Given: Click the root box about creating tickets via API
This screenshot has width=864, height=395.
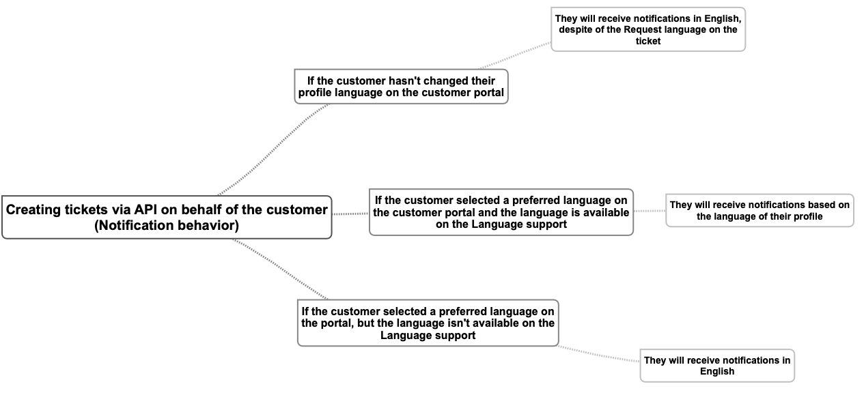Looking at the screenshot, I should (x=167, y=217).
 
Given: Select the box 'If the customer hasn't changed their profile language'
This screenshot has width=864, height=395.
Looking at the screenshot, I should (x=401, y=86).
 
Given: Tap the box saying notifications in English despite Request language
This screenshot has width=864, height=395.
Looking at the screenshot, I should (x=647, y=29).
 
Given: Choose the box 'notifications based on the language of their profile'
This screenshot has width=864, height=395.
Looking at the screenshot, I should (x=759, y=210).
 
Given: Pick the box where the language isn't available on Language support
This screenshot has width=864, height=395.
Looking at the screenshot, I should (x=428, y=323).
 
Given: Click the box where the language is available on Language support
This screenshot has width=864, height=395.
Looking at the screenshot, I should (x=501, y=212).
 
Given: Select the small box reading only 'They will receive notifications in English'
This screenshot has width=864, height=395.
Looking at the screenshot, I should (x=716, y=365).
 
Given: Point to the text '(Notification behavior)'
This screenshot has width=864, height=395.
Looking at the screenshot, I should (x=167, y=225).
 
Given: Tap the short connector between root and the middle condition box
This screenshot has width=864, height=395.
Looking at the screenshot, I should (x=350, y=214).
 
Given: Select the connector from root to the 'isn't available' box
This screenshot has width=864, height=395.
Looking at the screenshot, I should (x=280, y=269).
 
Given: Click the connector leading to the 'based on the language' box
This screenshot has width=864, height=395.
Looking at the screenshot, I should (x=649, y=211).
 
